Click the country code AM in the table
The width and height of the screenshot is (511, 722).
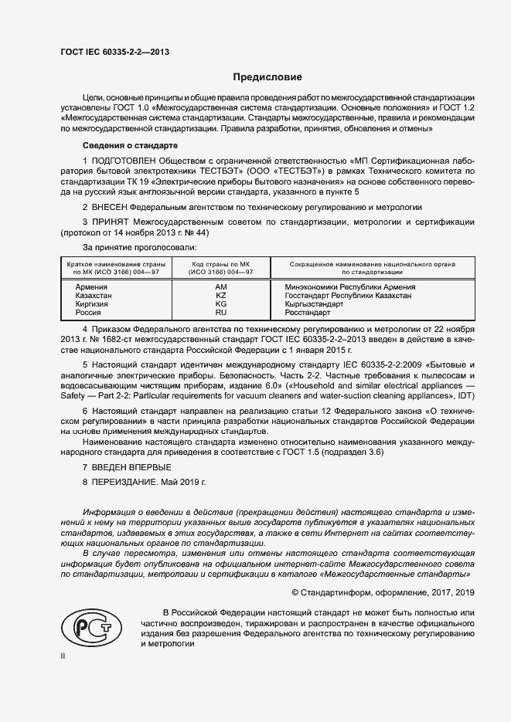pyautogui.click(x=220, y=286)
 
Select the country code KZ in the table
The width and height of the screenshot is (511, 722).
pyautogui.click(x=220, y=295)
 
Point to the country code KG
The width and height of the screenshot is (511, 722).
pyautogui.click(x=220, y=304)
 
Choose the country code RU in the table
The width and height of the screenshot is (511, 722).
pyautogui.click(x=220, y=313)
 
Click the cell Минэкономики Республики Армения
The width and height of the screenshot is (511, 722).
pyautogui.click(x=345, y=286)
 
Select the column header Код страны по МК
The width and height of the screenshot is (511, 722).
pyautogui.click(x=222, y=268)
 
